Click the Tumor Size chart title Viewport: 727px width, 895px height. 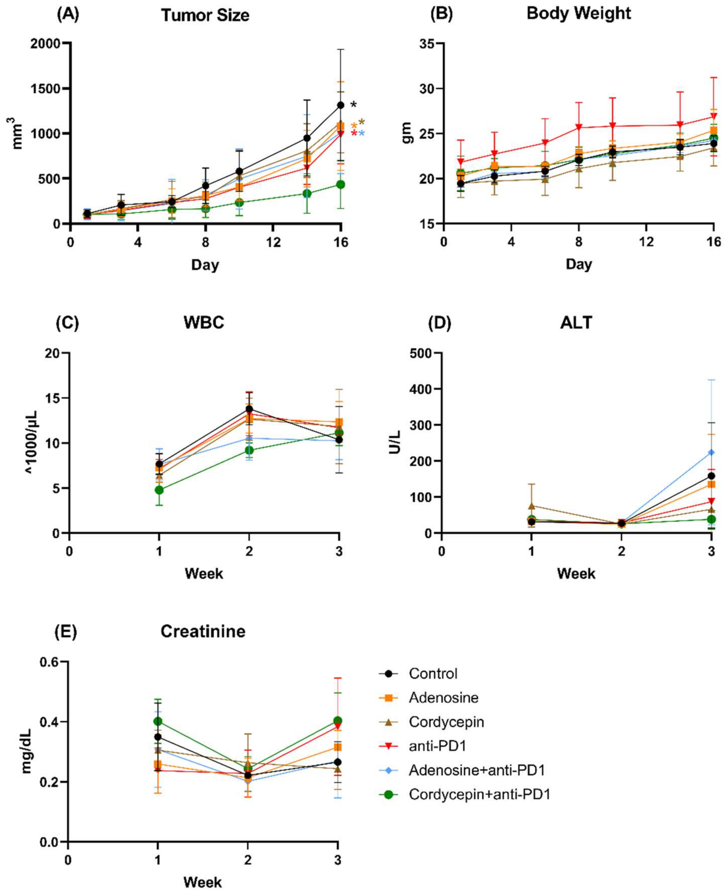205,16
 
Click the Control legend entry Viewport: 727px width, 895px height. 433,674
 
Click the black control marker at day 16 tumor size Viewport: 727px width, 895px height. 341,105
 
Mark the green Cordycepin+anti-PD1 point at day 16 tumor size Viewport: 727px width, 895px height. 341,184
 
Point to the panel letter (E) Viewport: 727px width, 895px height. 66,631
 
